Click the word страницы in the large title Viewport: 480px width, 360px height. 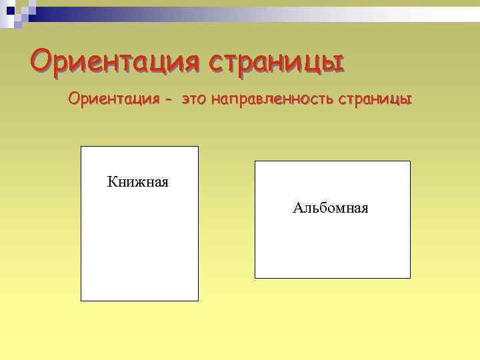click(x=276, y=62)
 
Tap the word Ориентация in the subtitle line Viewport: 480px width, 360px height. click(x=113, y=100)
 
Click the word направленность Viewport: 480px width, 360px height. click(x=273, y=100)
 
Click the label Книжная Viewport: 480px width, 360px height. click(x=138, y=181)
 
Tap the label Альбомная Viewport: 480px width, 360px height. click(x=331, y=208)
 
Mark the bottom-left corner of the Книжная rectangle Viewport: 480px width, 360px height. click(x=81, y=301)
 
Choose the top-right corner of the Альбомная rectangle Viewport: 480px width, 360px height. click(x=410, y=161)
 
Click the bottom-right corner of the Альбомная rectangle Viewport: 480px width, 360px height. click(x=410, y=278)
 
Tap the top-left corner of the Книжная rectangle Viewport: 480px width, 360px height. click(x=81, y=147)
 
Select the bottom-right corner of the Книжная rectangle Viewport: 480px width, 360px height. click(x=198, y=301)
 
